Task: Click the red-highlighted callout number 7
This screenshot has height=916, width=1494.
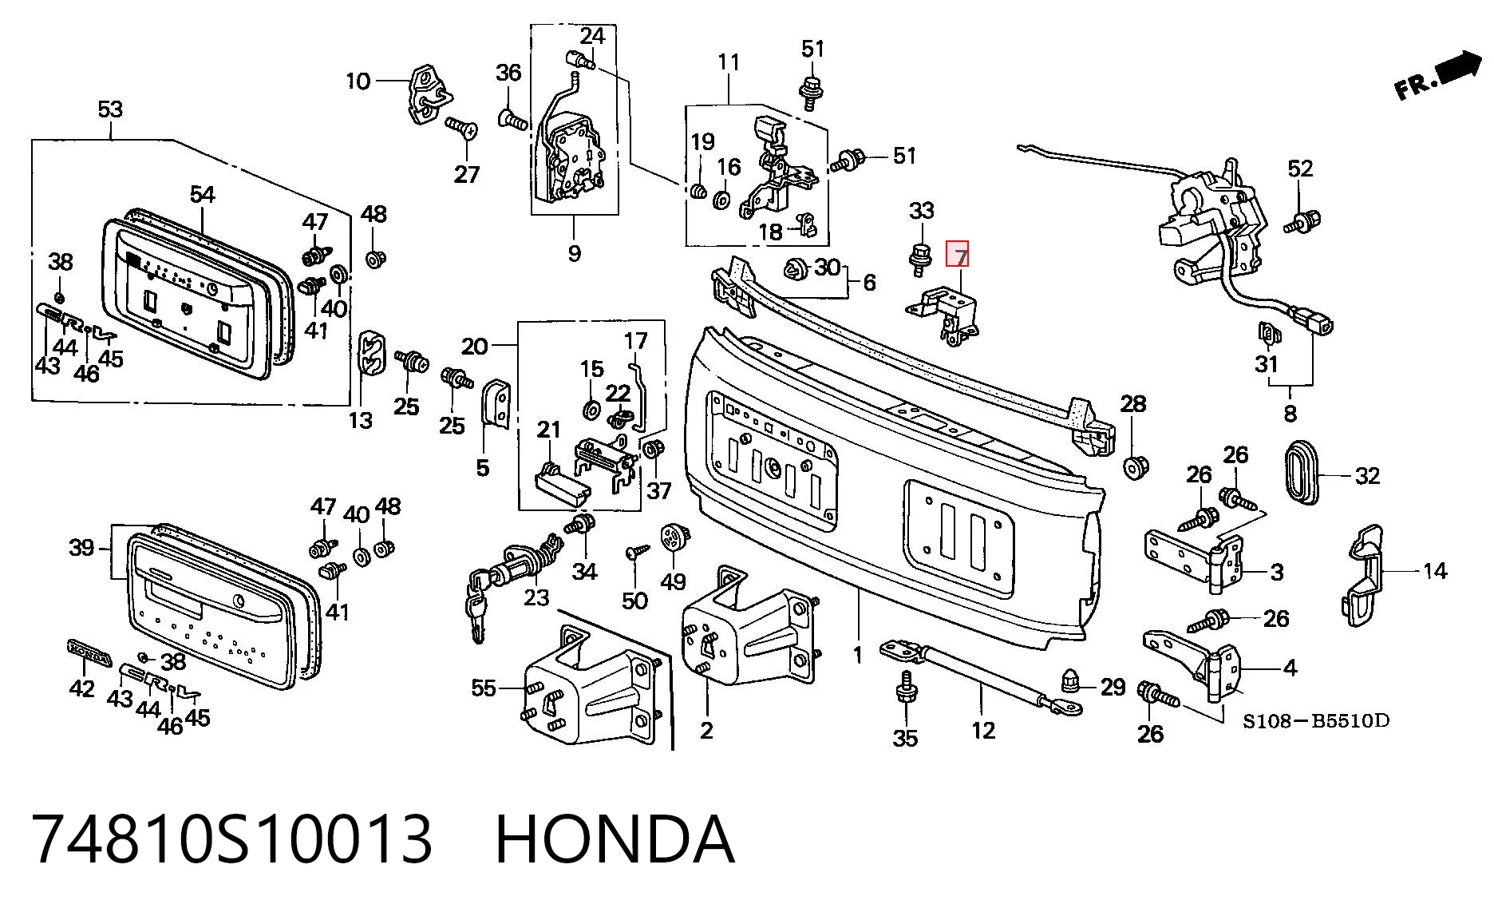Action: click(957, 255)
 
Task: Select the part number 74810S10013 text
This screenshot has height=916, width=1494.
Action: click(232, 839)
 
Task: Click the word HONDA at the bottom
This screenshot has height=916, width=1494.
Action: click(615, 839)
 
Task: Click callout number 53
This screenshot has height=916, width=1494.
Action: click(110, 109)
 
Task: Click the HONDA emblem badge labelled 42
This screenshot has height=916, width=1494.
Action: click(88, 652)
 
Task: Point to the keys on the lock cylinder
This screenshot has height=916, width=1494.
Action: click(477, 604)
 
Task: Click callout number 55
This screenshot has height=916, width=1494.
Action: click(484, 688)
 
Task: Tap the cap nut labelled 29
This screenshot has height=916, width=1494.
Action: click(1073, 681)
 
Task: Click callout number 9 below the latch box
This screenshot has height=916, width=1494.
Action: click(574, 253)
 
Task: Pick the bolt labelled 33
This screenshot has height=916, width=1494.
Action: click(919, 259)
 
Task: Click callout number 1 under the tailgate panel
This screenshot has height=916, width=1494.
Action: click(858, 655)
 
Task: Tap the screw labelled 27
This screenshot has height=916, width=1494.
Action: click(461, 127)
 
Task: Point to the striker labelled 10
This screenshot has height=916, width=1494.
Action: click(428, 94)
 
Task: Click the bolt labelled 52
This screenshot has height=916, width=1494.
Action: click(1303, 221)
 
